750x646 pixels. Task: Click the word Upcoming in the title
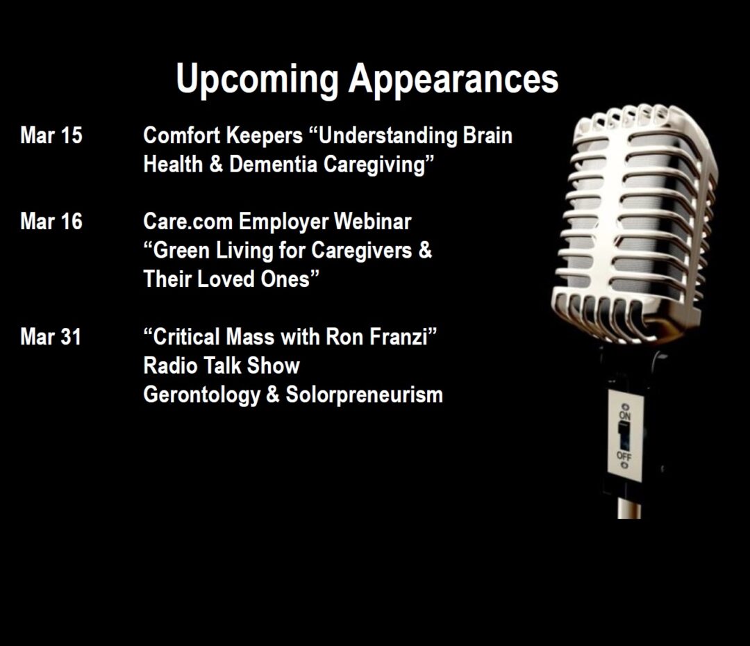[258, 79]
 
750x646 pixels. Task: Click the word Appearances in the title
[453, 79]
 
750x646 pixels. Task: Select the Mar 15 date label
[51, 135]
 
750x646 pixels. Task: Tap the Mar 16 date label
[51, 222]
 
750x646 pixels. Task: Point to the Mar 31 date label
[51, 337]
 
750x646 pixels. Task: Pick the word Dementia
[273, 165]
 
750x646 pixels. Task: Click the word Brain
[487, 135]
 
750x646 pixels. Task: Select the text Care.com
[188, 222]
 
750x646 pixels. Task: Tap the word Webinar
[373, 222]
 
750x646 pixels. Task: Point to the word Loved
[226, 279]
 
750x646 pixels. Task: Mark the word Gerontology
[201, 395]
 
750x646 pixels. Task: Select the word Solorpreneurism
[364, 395]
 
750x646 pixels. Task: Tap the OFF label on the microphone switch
[624, 456]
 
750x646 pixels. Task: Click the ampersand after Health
[216, 165]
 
